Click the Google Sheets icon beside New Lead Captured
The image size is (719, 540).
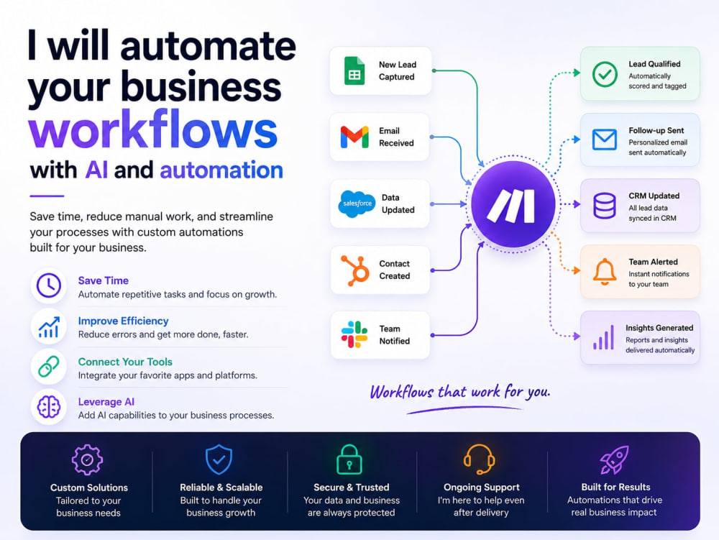[354, 70]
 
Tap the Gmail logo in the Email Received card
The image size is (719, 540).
[354, 137]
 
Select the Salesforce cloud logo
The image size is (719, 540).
[357, 203]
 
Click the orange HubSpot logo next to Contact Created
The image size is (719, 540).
[355, 270]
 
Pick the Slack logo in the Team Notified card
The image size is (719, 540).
[354, 334]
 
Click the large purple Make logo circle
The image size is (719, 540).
[513, 203]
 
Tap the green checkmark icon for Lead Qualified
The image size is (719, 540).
[605, 74]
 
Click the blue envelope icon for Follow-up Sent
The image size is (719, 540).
[605, 139]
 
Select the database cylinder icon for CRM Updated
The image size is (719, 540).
[605, 206]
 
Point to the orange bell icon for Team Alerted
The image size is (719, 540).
[605, 272]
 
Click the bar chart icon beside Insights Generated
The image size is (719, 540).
[603, 338]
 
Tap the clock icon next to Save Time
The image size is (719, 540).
[49, 285]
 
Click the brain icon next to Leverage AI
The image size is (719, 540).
[49, 406]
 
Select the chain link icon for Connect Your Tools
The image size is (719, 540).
[49, 366]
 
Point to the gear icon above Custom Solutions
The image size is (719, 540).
[87, 459]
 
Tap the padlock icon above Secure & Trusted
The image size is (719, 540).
[349, 459]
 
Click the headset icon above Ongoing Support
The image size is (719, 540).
[479, 459]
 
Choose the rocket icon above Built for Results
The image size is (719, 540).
[614, 459]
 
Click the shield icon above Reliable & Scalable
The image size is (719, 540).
[219, 459]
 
